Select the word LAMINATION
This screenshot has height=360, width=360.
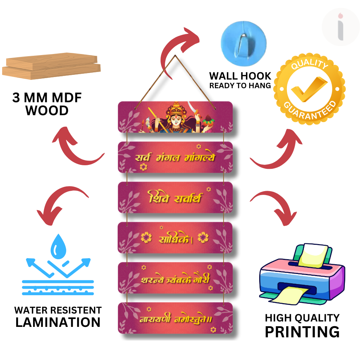(x=58, y=322)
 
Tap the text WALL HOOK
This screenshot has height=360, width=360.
(x=240, y=76)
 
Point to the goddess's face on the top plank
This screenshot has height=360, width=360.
(x=176, y=119)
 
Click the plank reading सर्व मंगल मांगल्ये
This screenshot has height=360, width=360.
(x=175, y=158)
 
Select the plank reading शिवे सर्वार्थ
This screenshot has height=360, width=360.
(x=175, y=198)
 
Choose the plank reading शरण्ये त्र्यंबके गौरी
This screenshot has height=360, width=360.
(x=175, y=278)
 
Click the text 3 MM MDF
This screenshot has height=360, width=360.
(x=47, y=98)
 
